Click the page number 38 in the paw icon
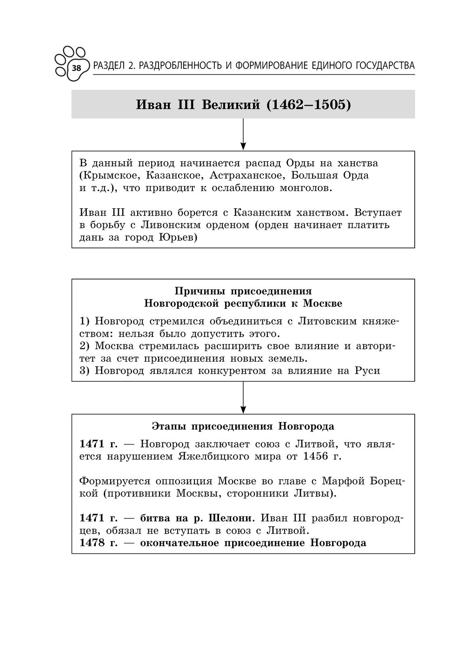point(76,68)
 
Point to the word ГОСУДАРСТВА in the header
point(384,66)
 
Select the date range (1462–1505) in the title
point(308,105)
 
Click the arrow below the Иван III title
point(243,134)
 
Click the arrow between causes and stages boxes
point(243,397)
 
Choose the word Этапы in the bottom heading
point(170,426)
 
